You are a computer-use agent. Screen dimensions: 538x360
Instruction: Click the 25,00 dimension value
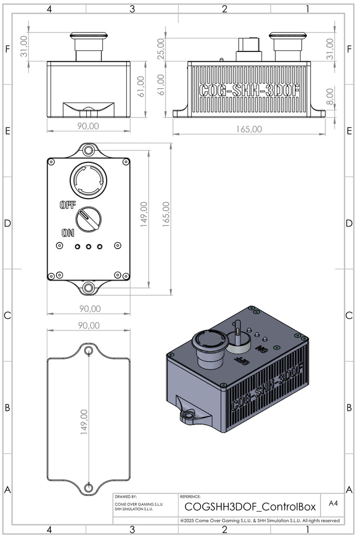[x=161, y=49]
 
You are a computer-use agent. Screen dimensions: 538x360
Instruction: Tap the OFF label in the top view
[x=68, y=204]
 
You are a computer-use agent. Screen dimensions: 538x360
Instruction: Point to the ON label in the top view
[x=68, y=232]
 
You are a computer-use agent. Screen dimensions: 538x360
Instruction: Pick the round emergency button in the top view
[x=88, y=180]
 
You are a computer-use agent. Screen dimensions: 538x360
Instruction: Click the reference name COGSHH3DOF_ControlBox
[x=250, y=506]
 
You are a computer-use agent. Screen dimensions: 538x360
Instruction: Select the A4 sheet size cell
[x=333, y=503]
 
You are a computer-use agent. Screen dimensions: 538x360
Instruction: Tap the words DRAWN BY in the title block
[x=126, y=496]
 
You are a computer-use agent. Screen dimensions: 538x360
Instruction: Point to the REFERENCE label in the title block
[x=190, y=496]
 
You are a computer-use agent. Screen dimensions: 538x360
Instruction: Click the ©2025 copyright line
[x=260, y=520]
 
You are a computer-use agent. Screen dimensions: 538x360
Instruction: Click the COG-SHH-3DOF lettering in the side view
[x=250, y=90]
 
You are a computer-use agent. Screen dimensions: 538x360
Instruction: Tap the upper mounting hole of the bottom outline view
[x=88, y=350]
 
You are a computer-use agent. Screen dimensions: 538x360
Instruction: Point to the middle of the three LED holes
[x=88, y=246]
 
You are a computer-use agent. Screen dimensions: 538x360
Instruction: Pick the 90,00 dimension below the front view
[x=88, y=126]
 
